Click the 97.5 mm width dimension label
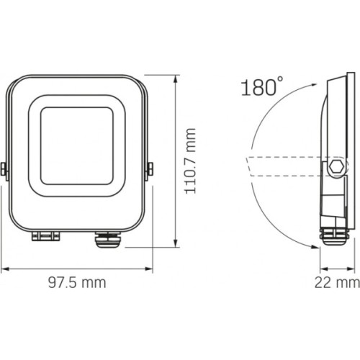point(76,282)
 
